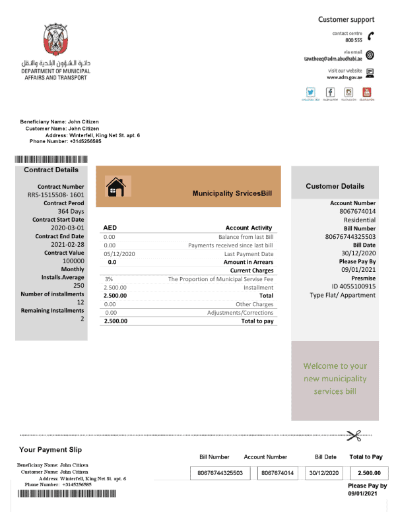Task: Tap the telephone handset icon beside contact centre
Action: tap(371, 36)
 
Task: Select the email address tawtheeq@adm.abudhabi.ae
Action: tap(338, 58)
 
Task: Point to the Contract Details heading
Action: tap(51, 170)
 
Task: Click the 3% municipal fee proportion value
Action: tap(109, 279)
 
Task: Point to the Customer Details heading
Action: tap(335, 187)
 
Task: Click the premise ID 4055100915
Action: tap(353, 286)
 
